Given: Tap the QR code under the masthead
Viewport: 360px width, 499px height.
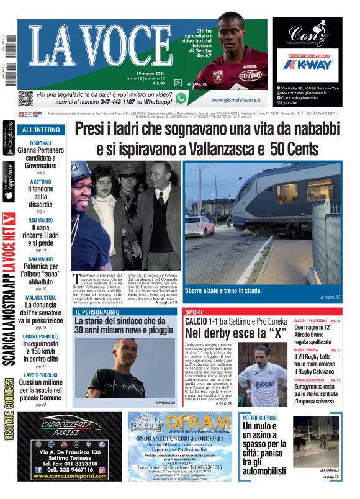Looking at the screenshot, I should pos(25,98).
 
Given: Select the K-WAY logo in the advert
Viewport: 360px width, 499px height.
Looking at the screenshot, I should pos(307,64).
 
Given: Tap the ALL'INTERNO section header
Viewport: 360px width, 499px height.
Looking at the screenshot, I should pos(40,130).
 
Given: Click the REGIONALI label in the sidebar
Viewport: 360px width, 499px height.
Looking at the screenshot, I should pos(40,143).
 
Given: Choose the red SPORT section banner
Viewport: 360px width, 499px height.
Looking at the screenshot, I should pos(194,312).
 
